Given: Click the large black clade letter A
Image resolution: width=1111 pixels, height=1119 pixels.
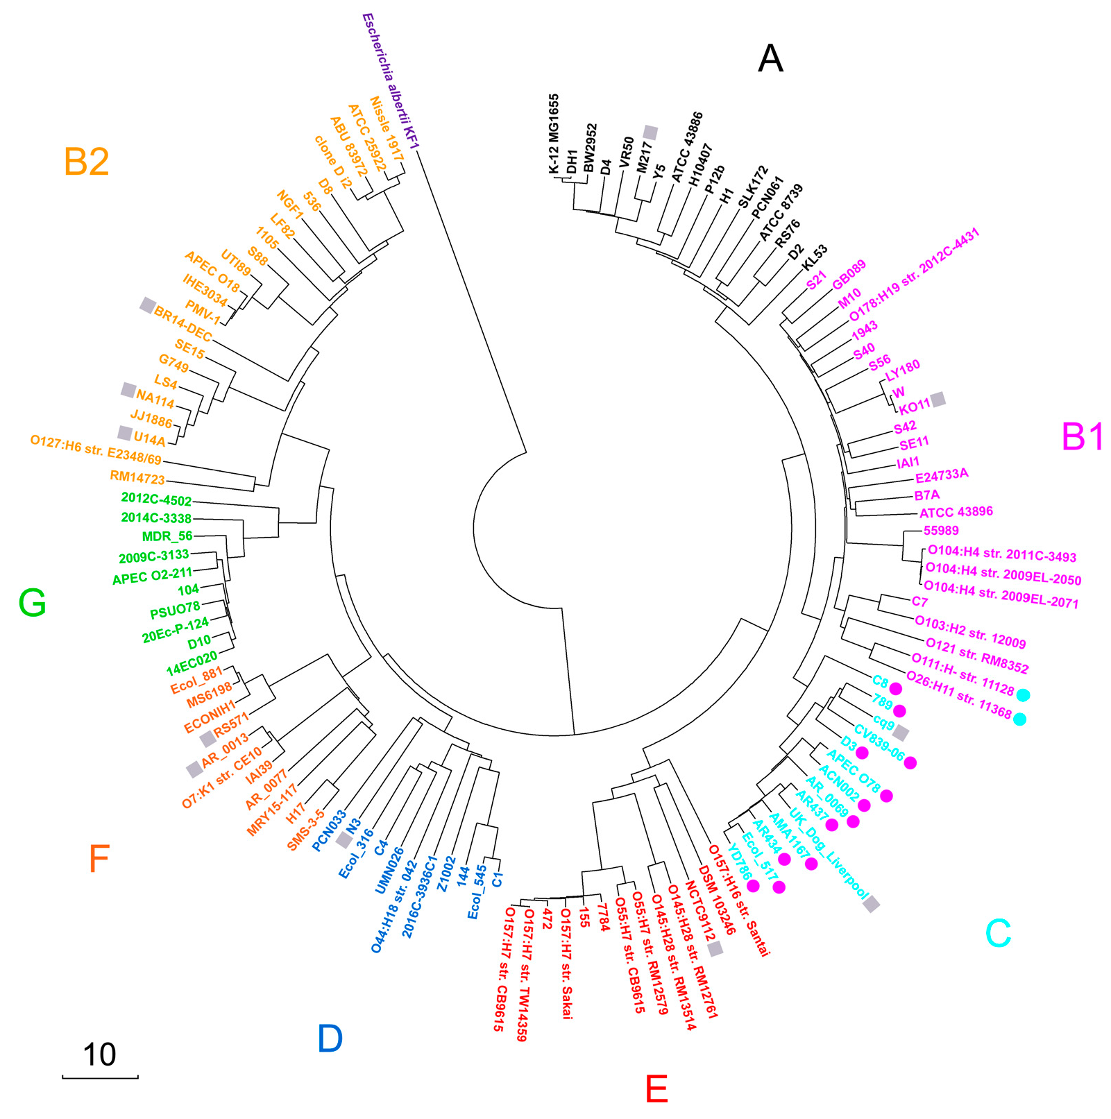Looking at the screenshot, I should tap(770, 58).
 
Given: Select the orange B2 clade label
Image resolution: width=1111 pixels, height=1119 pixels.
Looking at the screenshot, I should tap(86, 162).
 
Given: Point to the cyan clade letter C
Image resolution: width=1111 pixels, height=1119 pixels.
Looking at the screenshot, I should tap(998, 933).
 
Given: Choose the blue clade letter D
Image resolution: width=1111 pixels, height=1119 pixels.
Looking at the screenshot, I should tap(330, 1039).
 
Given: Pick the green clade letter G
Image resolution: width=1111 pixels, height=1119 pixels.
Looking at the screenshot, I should tap(33, 603).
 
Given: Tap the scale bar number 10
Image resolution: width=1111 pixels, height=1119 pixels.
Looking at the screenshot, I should tap(99, 1054).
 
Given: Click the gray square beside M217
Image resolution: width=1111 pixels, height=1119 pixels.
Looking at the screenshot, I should tap(650, 132).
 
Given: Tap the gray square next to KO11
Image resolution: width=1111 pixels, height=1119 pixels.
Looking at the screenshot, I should tap(938, 399).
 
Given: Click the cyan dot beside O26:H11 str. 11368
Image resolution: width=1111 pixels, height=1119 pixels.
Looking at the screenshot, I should tap(1019, 719).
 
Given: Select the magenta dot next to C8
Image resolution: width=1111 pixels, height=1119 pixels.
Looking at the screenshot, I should tap(895, 689).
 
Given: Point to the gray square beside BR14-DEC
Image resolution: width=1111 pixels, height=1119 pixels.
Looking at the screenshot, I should tap(147, 305).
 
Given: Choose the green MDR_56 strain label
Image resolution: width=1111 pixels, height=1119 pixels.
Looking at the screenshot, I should tap(167, 536).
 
